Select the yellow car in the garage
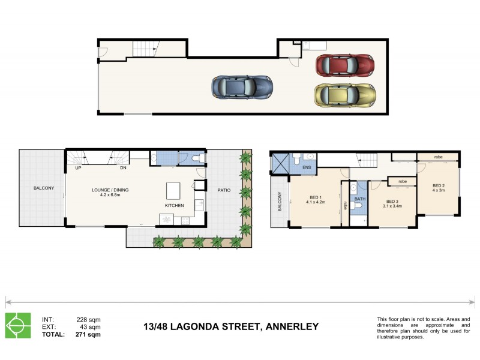coord(345,95)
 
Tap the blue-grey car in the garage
coord(241,88)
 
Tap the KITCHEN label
coord(175,206)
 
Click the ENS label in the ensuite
coord(307,168)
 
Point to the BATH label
coord(359,198)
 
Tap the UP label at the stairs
coord(79,168)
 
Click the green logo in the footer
coord(18,325)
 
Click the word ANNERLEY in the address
coord(289,327)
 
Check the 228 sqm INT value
coord(88,319)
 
